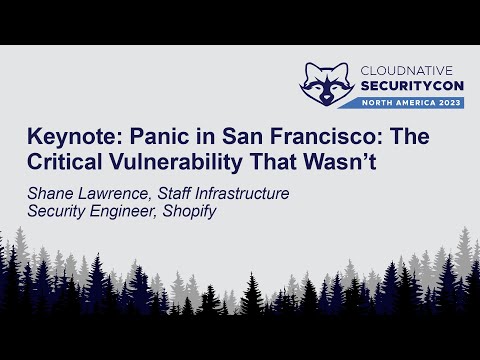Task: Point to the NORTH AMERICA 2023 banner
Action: click(x=405, y=102)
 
